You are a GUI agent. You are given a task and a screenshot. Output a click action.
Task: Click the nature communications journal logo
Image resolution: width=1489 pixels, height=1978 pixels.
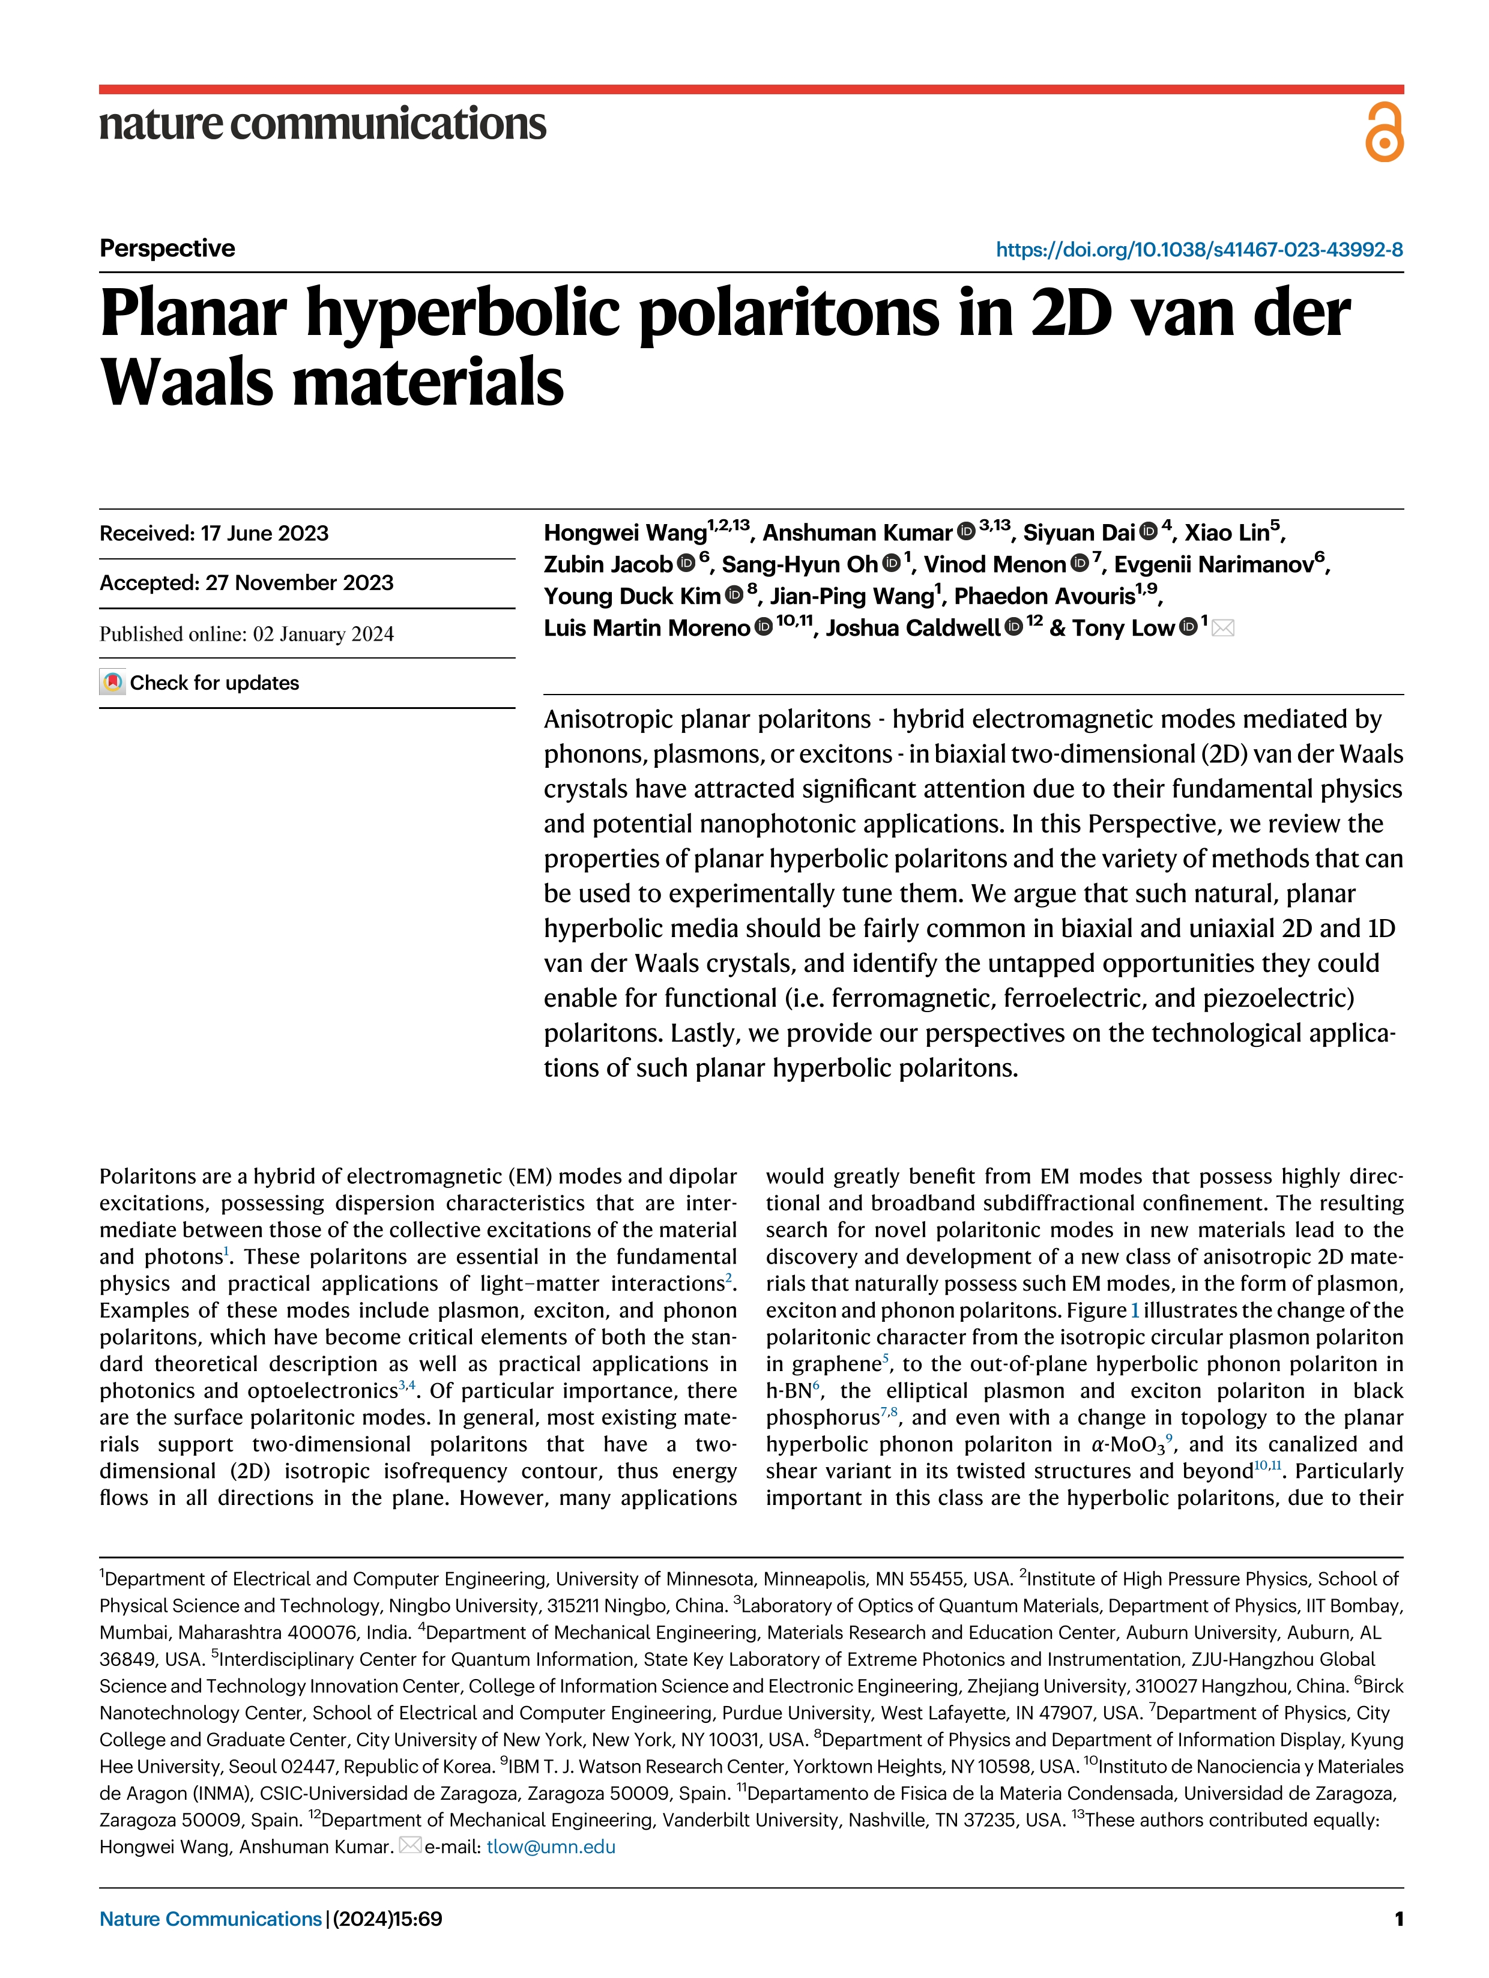pos(322,124)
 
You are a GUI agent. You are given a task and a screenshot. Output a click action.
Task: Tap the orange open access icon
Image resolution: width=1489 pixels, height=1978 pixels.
pos(1383,131)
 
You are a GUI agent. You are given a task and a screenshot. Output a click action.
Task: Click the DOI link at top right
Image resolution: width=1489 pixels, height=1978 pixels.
pos(1198,250)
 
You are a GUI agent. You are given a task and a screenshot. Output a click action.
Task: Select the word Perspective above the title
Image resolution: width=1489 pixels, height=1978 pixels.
pos(168,248)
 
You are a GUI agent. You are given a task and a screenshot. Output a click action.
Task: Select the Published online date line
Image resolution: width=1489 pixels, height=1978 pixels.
pos(246,634)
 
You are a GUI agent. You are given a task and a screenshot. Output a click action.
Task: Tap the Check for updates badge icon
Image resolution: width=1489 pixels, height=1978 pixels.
pos(112,683)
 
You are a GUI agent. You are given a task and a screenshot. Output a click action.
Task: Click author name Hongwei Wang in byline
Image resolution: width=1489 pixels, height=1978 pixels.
pos(624,533)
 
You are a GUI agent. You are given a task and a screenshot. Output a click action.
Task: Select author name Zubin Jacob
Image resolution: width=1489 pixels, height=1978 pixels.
pos(607,564)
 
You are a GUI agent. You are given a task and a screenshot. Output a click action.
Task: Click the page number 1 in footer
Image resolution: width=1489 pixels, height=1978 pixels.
pos(1398,1919)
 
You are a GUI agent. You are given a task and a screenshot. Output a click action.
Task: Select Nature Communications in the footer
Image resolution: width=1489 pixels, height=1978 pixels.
pos(210,1919)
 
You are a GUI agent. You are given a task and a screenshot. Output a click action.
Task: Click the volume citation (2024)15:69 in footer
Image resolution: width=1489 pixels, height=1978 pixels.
pos(387,1919)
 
